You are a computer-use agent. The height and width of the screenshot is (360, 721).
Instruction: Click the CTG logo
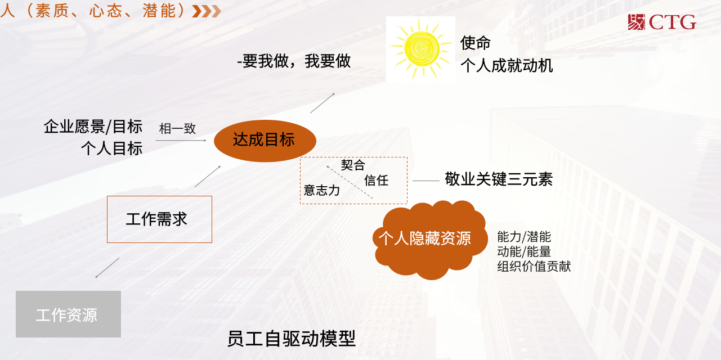coord(662,22)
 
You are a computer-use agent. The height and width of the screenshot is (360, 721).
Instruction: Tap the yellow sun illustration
coord(420,49)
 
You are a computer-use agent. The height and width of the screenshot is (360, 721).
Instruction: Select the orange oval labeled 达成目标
coord(265,141)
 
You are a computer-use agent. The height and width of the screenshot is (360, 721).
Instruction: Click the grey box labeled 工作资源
coord(68,314)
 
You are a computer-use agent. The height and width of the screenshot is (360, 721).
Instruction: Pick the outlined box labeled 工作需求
coord(159,219)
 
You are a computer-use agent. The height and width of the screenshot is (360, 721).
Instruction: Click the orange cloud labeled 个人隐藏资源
coord(430,239)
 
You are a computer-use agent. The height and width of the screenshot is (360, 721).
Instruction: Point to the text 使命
coord(476,43)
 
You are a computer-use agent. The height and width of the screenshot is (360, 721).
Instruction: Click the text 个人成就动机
coord(507,66)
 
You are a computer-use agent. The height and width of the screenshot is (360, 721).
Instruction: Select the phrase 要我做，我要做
coord(296,61)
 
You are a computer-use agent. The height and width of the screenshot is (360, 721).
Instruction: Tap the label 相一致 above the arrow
coord(177,129)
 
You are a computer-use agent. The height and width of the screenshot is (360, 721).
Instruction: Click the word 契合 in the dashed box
coord(353,165)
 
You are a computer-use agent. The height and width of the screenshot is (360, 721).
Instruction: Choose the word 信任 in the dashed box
coord(377,180)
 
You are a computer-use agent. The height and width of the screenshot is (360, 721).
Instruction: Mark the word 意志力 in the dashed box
coord(321,190)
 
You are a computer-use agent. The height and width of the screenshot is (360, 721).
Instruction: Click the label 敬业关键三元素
coord(499,179)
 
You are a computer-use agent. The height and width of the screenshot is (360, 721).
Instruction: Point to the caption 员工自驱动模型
coord(292,339)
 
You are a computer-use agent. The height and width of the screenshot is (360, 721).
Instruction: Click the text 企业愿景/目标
coord(93,127)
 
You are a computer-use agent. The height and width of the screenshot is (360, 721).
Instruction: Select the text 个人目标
coord(111,148)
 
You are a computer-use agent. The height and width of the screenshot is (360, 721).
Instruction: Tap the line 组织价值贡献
coord(534,267)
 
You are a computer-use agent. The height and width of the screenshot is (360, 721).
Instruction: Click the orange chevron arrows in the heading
coord(207,11)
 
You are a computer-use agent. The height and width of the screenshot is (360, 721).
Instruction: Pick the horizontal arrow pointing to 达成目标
coord(181,140)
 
